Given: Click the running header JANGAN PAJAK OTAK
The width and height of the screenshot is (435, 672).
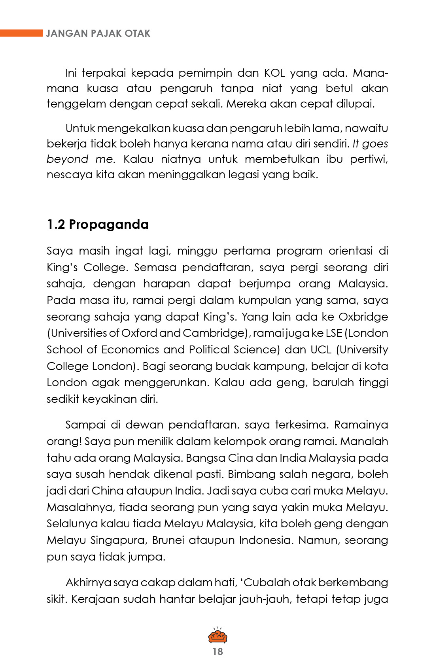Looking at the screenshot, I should coord(98,33).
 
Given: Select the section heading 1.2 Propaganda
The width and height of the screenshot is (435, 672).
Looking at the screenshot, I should coord(98,224).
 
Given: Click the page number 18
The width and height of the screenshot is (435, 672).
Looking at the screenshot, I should coord(217,651).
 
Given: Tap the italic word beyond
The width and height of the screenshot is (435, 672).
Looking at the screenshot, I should coord(67,159).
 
